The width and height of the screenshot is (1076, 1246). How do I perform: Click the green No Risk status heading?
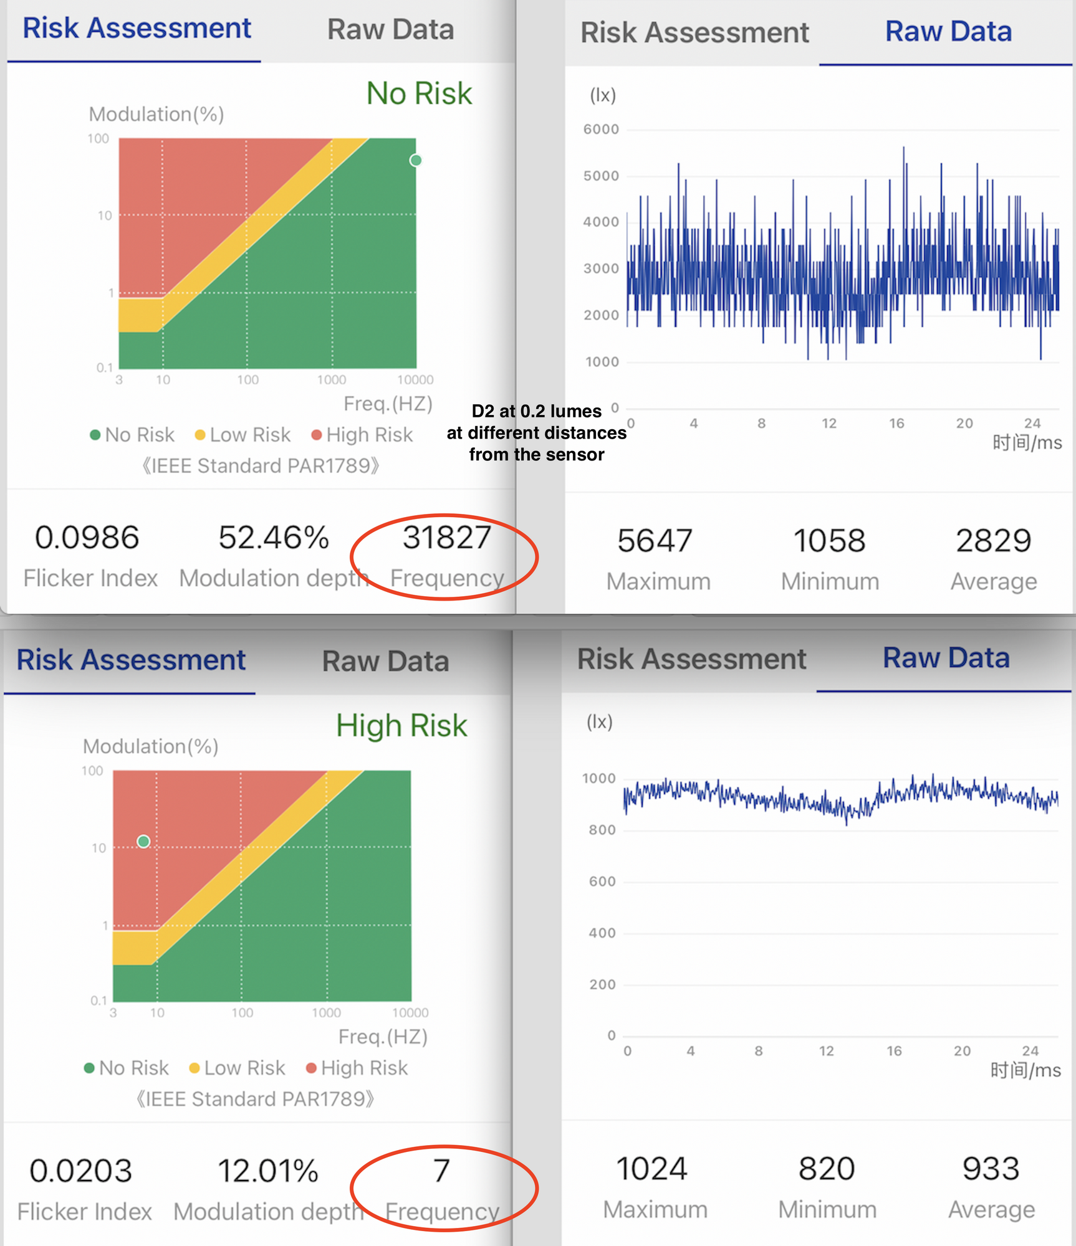tap(419, 93)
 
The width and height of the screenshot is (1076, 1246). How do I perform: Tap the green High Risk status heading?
tap(401, 726)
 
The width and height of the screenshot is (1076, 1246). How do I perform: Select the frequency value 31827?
tap(447, 537)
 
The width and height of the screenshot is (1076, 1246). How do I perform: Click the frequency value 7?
tap(441, 1171)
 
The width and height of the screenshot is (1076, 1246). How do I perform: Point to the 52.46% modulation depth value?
tap(274, 537)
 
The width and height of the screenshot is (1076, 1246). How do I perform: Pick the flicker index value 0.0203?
tap(81, 1171)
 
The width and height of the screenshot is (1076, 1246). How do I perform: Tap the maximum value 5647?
tap(655, 540)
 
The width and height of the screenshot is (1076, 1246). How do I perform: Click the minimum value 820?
tap(827, 1169)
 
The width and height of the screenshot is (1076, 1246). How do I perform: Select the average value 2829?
tap(994, 540)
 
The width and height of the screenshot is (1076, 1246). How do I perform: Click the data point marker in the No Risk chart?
tap(416, 161)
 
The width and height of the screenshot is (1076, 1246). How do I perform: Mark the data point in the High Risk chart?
tap(143, 842)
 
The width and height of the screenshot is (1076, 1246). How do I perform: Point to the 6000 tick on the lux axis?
tap(601, 130)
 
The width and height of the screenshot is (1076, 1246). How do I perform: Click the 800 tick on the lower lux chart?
tap(602, 830)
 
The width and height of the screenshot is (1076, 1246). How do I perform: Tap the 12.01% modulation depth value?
tap(268, 1171)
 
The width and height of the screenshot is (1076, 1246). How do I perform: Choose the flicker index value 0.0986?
tap(87, 537)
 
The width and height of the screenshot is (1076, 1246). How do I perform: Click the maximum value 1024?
tap(651, 1169)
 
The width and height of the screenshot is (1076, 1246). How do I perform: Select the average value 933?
tap(991, 1169)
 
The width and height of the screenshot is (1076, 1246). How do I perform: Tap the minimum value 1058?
tap(829, 540)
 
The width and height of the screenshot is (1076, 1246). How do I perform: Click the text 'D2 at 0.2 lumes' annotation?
tap(537, 411)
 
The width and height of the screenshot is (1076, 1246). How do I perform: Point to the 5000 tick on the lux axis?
tap(601, 176)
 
